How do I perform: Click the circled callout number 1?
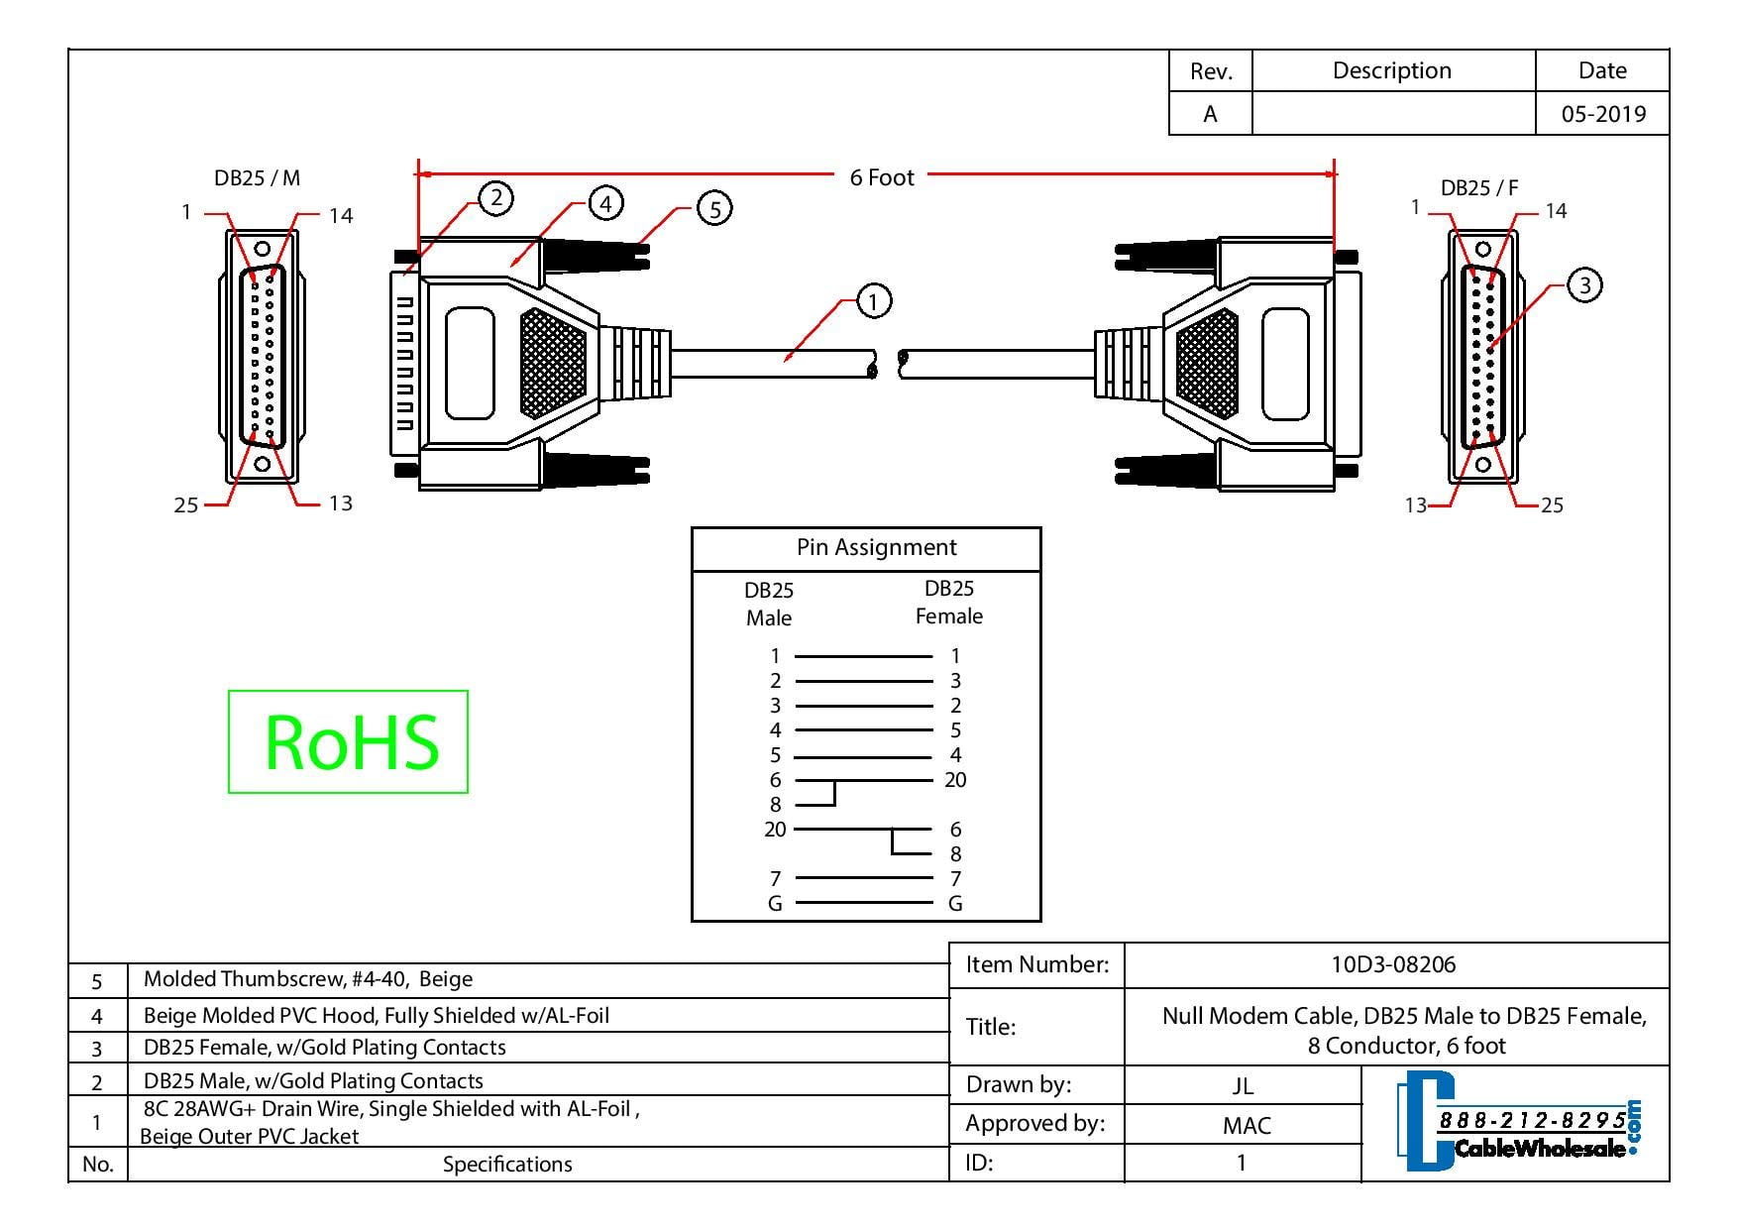tap(873, 300)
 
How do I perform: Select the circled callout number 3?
tap(1584, 285)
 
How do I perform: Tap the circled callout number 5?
tap(714, 208)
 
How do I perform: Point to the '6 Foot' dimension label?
tap(882, 177)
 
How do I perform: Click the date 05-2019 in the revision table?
tap(1603, 114)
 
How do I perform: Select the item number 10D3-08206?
tap(1393, 964)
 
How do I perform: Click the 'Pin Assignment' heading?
tap(876, 547)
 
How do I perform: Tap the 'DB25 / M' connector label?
tap(257, 178)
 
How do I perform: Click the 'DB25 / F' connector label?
tap(1479, 187)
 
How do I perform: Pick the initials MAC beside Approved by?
tap(1246, 1125)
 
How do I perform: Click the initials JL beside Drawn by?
tap(1243, 1085)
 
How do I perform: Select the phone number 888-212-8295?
tap(1532, 1120)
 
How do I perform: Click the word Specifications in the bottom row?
tap(507, 1164)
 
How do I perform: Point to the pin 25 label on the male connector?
tap(186, 505)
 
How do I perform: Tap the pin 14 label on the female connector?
tap(1556, 211)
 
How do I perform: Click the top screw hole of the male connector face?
tap(263, 250)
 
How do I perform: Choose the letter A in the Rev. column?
tap(1210, 114)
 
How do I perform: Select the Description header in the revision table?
tap(1391, 70)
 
